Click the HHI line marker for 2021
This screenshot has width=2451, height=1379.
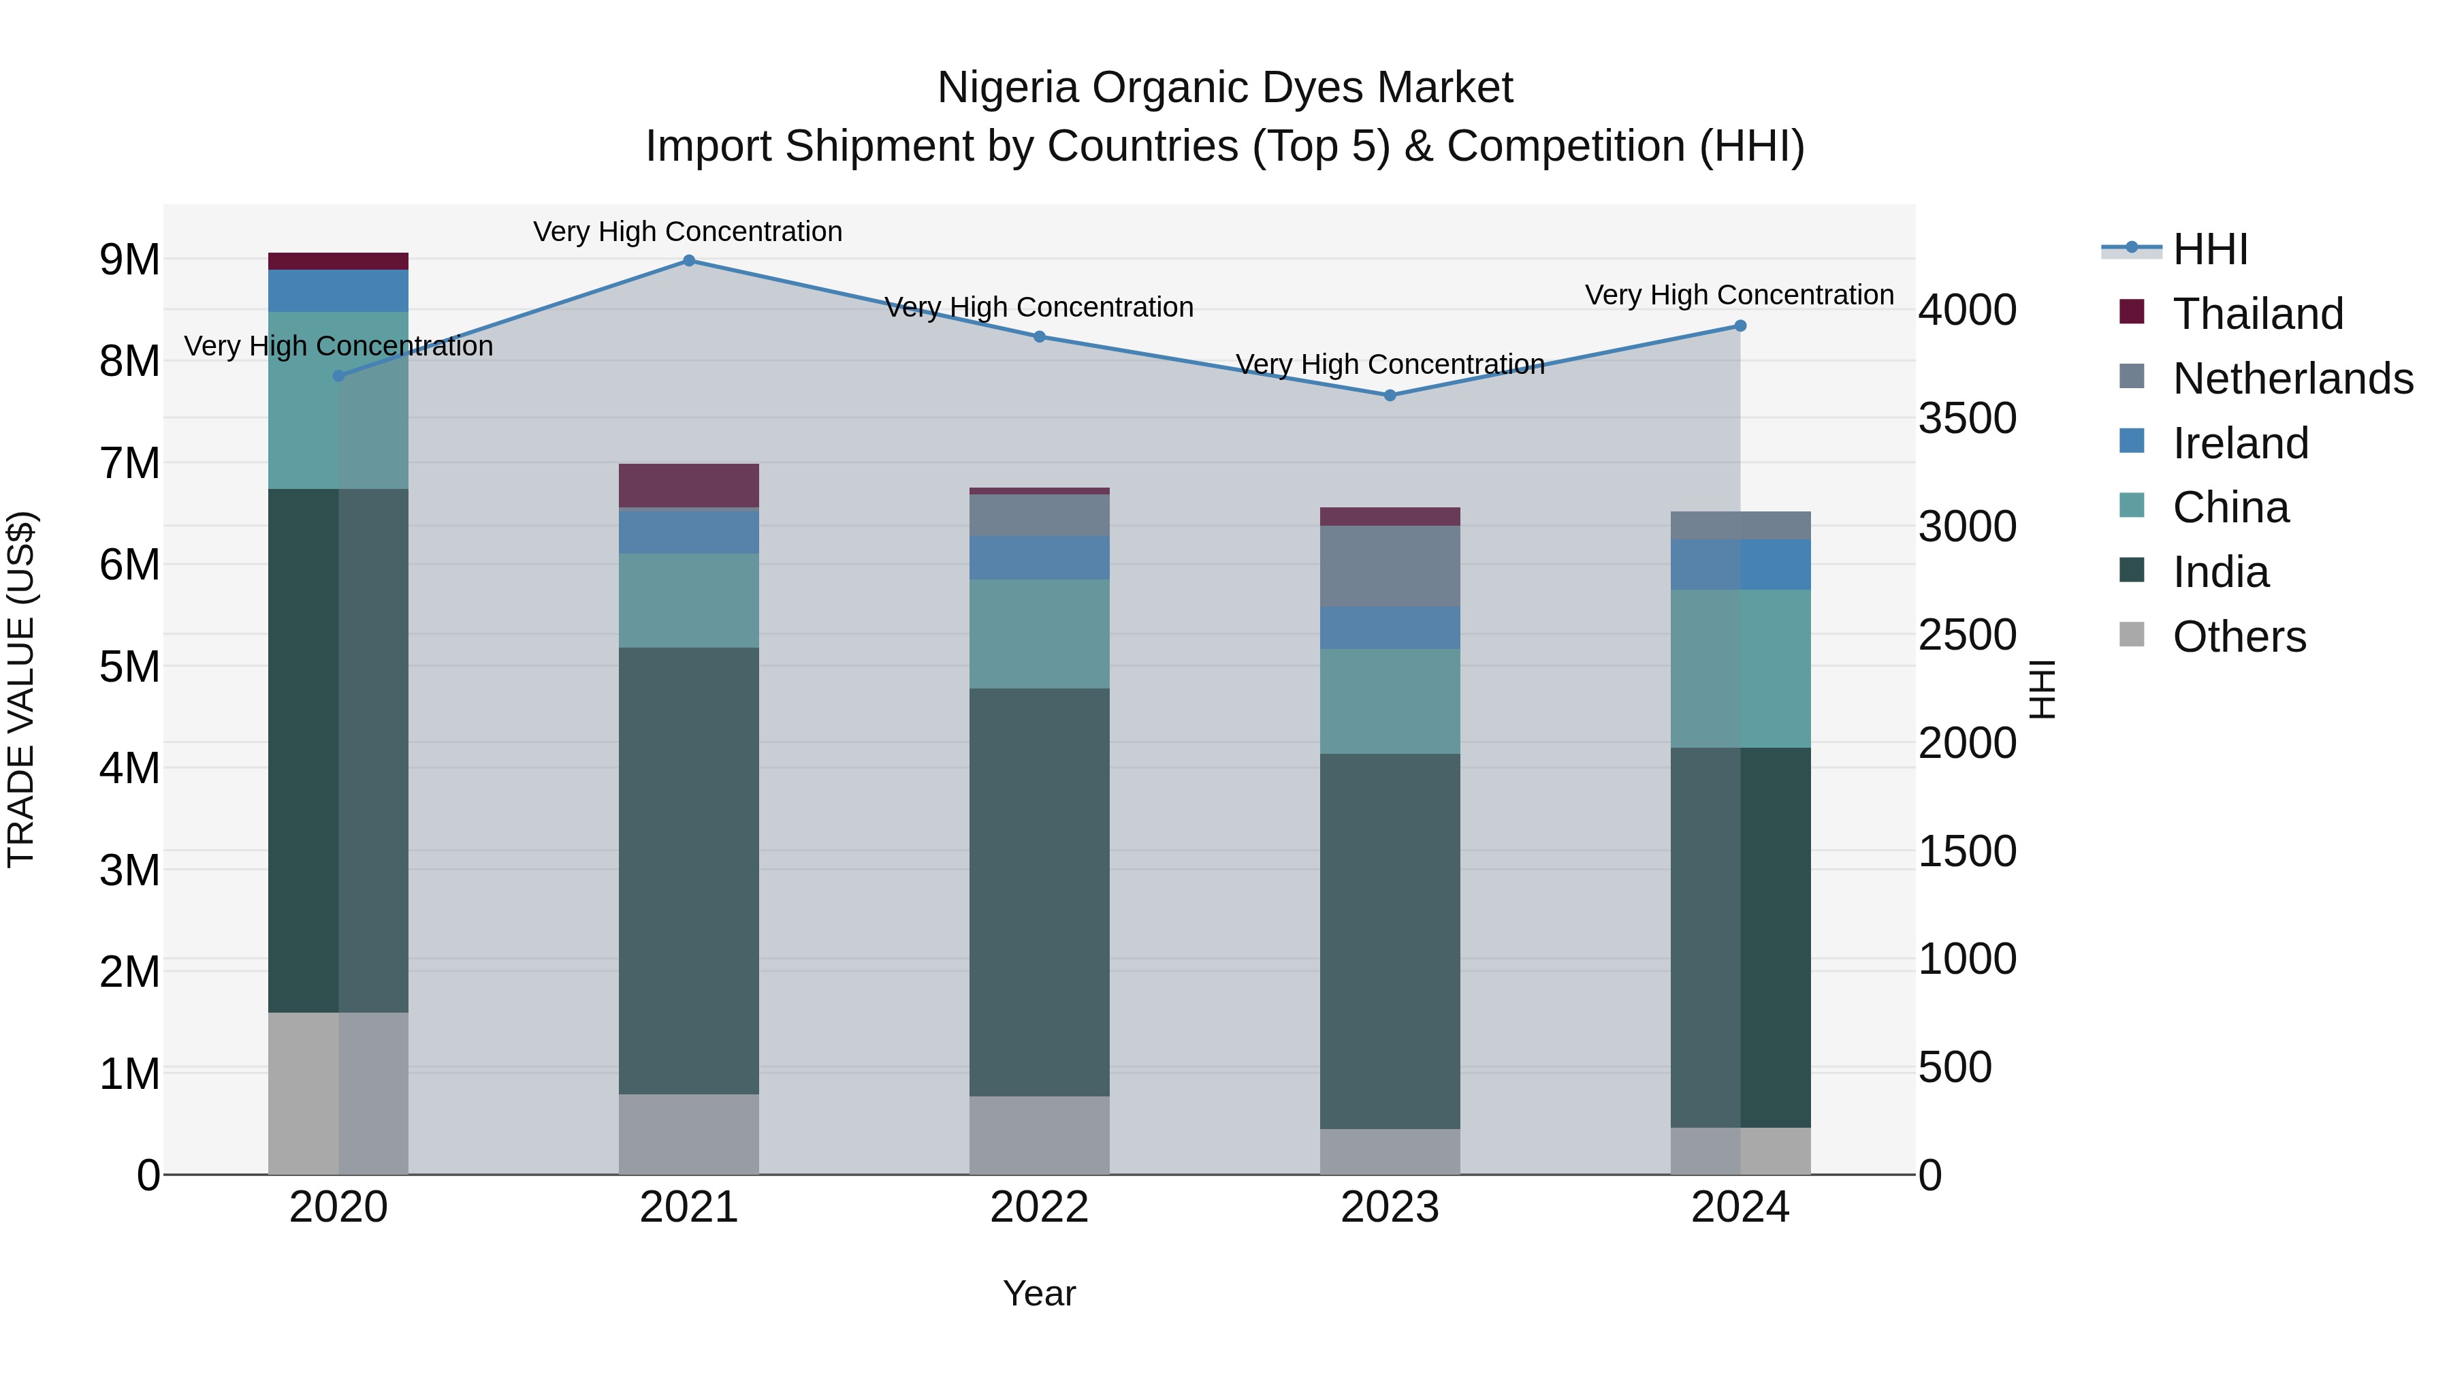click(689, 261)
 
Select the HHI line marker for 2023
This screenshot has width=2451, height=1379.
click(1390, 395)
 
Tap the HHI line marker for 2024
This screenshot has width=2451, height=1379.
click(1740, 326)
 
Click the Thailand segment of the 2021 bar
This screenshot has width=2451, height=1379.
click(689, 486)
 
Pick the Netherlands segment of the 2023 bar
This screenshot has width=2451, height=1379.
click(1390, 567)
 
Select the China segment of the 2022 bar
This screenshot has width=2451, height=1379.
click(1039, 634)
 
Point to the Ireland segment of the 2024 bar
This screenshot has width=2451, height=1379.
click(1740, 565)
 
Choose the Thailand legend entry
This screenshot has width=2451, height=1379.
click(2257, 314)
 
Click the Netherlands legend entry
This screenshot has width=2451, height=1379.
click(2291, 379)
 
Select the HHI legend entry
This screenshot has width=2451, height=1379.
click(2209, 249)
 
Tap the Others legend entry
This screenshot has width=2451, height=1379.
click(2238, 637)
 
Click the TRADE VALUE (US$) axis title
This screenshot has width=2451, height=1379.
click(21, 689)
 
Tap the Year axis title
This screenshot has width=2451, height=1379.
click(1039, 1293)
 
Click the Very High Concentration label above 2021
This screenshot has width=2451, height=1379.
click(687, 232)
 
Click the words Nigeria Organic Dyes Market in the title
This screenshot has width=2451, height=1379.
click(1225, 88)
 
